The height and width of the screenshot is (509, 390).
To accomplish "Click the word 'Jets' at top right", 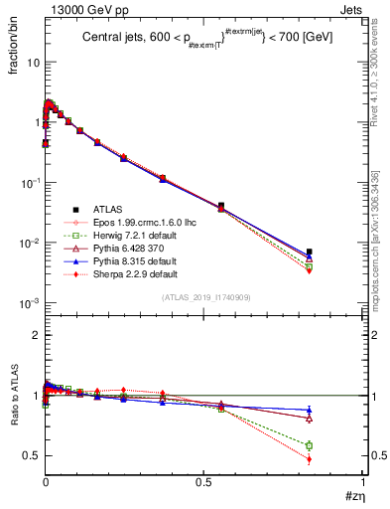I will [352, 9].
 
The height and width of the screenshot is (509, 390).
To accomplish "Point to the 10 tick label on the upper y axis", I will [32, 62].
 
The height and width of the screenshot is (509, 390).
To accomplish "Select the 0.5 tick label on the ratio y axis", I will [30, 455].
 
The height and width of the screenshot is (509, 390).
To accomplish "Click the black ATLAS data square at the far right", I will [310, 252].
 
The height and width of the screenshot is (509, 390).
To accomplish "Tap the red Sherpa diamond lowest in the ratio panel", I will [310, 459].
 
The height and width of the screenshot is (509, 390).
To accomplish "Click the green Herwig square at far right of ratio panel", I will [310, 445].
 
